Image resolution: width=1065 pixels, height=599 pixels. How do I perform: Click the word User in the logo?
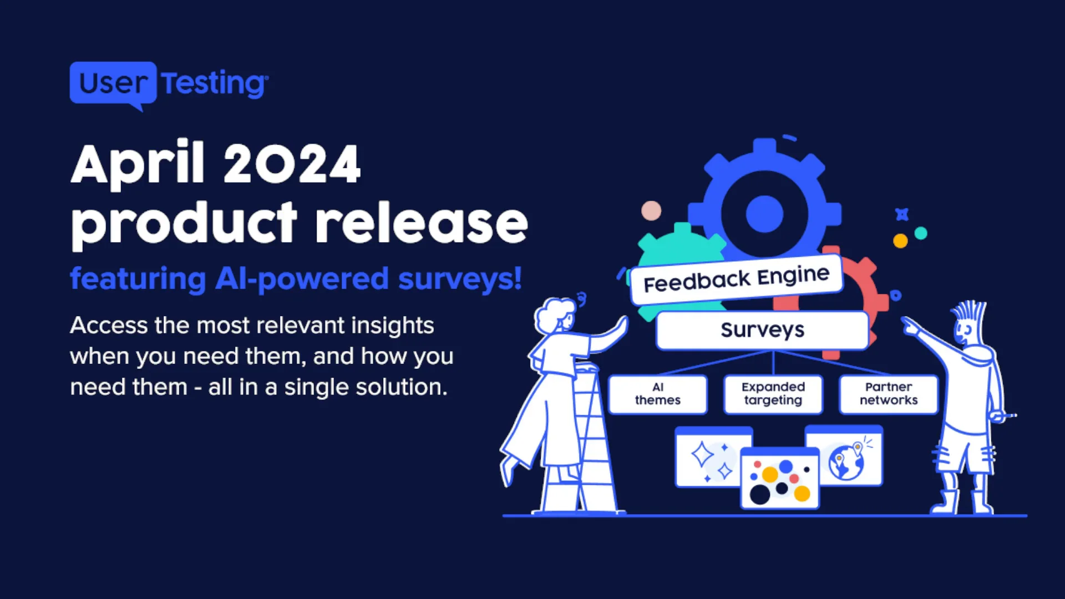[113, 83]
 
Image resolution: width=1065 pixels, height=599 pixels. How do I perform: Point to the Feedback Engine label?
[737, 279]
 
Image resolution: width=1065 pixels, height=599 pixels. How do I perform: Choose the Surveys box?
[763, 331]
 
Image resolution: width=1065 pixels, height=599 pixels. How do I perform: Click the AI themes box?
[658, 394]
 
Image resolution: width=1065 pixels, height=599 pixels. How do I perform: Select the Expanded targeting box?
[773, 394]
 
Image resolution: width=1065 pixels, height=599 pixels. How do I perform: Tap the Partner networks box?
[889, 394]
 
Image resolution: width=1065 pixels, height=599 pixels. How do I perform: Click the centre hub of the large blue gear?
[764, 214]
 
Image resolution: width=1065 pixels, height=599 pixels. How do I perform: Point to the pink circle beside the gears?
[651, 211]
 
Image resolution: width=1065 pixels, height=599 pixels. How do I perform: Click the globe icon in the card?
[846, 462]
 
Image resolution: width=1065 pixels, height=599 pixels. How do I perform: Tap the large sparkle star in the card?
[702, 454]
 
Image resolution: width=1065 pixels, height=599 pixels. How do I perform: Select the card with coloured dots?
[780, 478]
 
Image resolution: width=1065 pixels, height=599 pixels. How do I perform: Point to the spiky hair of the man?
[969, 314]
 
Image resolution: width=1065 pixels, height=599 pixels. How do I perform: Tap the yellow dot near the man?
[900, 241]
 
